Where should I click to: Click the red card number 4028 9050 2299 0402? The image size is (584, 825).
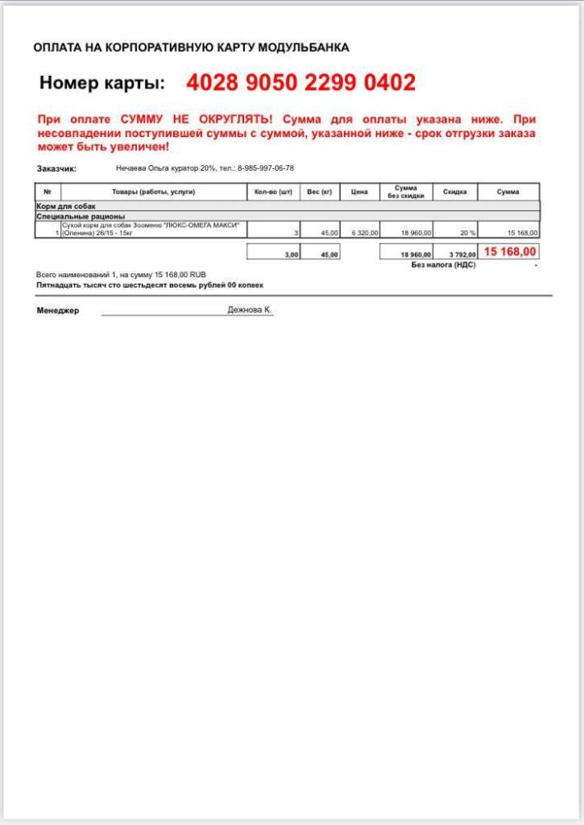tap(300, 82)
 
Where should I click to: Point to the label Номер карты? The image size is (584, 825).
tap(102, 83)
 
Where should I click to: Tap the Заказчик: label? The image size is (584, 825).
tap(57, 168)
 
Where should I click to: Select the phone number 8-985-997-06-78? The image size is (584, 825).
tap(266, 168)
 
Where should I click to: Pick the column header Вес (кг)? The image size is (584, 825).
tap(319, 191)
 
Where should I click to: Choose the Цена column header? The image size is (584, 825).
tap(359, 191)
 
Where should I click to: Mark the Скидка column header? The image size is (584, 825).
tap(454, 191)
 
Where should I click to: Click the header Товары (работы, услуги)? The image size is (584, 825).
tap(153, 191)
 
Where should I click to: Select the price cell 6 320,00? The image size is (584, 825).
tap(364, 233)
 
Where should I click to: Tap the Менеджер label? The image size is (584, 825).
tap(58, 311)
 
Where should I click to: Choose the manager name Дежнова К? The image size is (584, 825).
tap(249, 309)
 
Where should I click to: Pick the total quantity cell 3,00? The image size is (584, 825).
tap(291, 255)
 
